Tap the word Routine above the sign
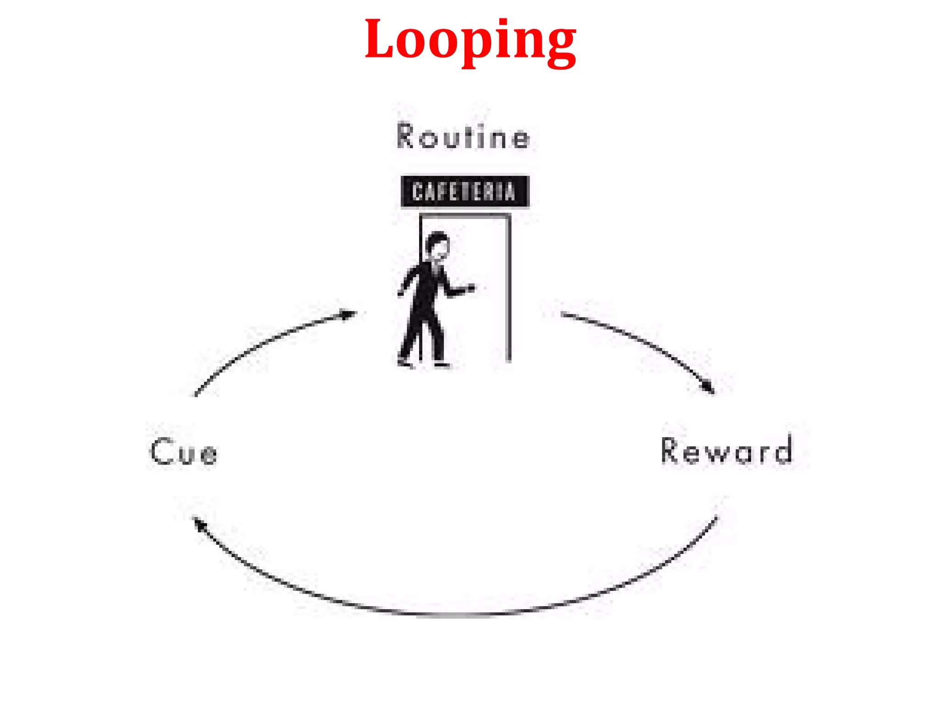coord(463,136)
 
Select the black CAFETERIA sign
coord(464,191)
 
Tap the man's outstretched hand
coord(470,288)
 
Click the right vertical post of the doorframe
coord(508,289)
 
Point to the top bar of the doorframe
coord(464,215)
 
